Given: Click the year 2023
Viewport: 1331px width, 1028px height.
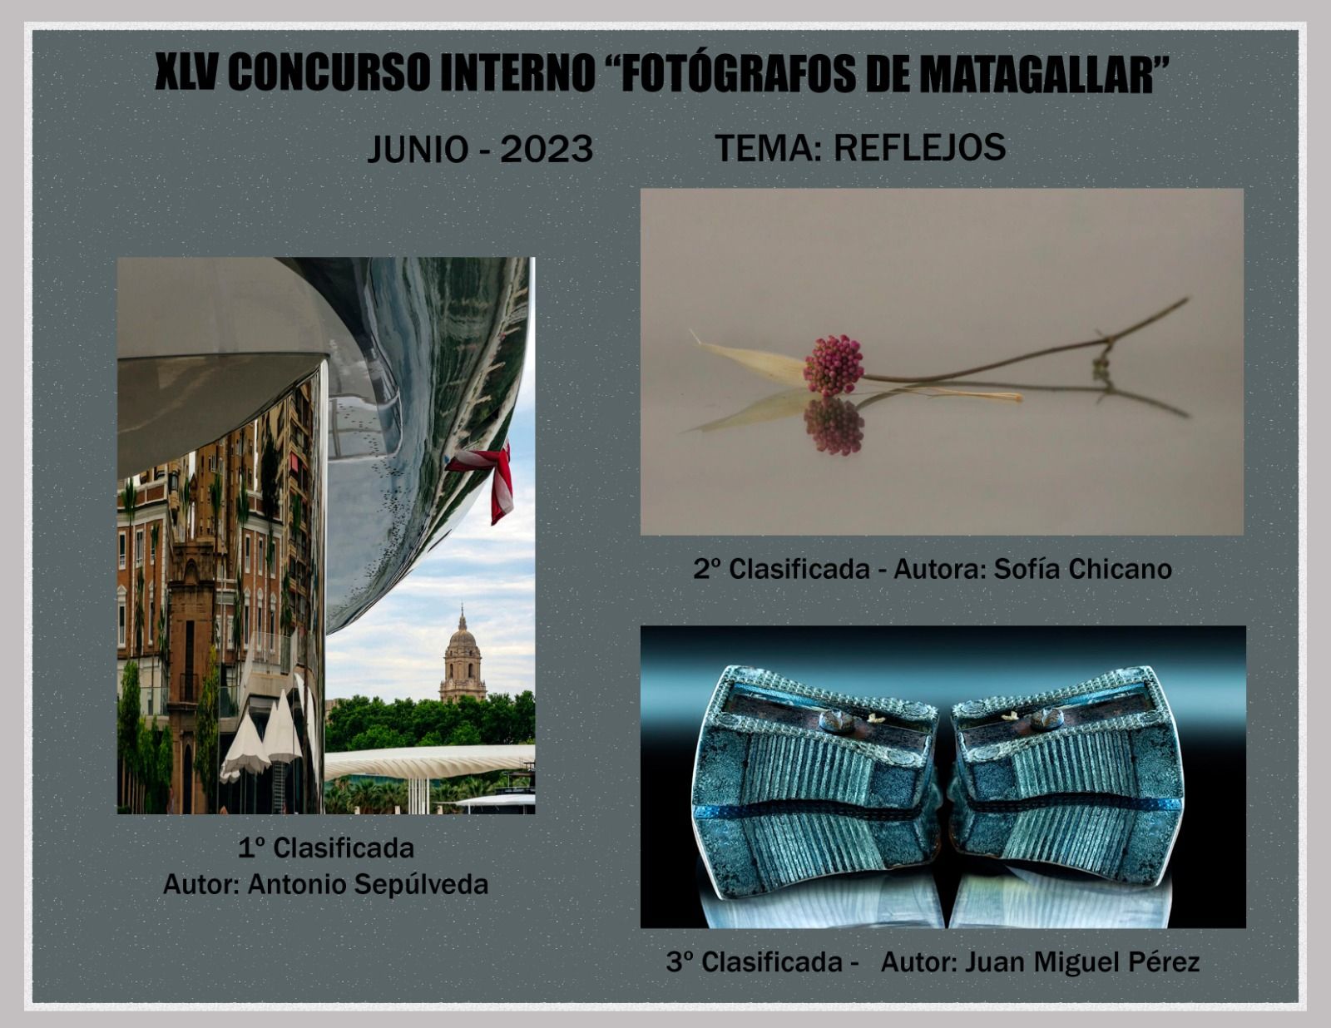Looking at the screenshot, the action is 547,150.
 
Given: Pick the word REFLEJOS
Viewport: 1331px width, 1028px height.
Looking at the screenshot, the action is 920,147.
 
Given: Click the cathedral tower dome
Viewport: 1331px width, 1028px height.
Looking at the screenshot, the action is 463,638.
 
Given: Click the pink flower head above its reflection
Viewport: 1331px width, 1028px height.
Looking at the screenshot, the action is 834,365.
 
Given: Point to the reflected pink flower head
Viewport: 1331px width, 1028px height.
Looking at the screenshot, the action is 834,426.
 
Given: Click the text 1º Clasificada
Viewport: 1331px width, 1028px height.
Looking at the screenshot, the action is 326,848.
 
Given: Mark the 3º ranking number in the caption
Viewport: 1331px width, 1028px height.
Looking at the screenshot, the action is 679,961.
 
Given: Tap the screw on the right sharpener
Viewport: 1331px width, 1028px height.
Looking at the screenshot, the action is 1046,719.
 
